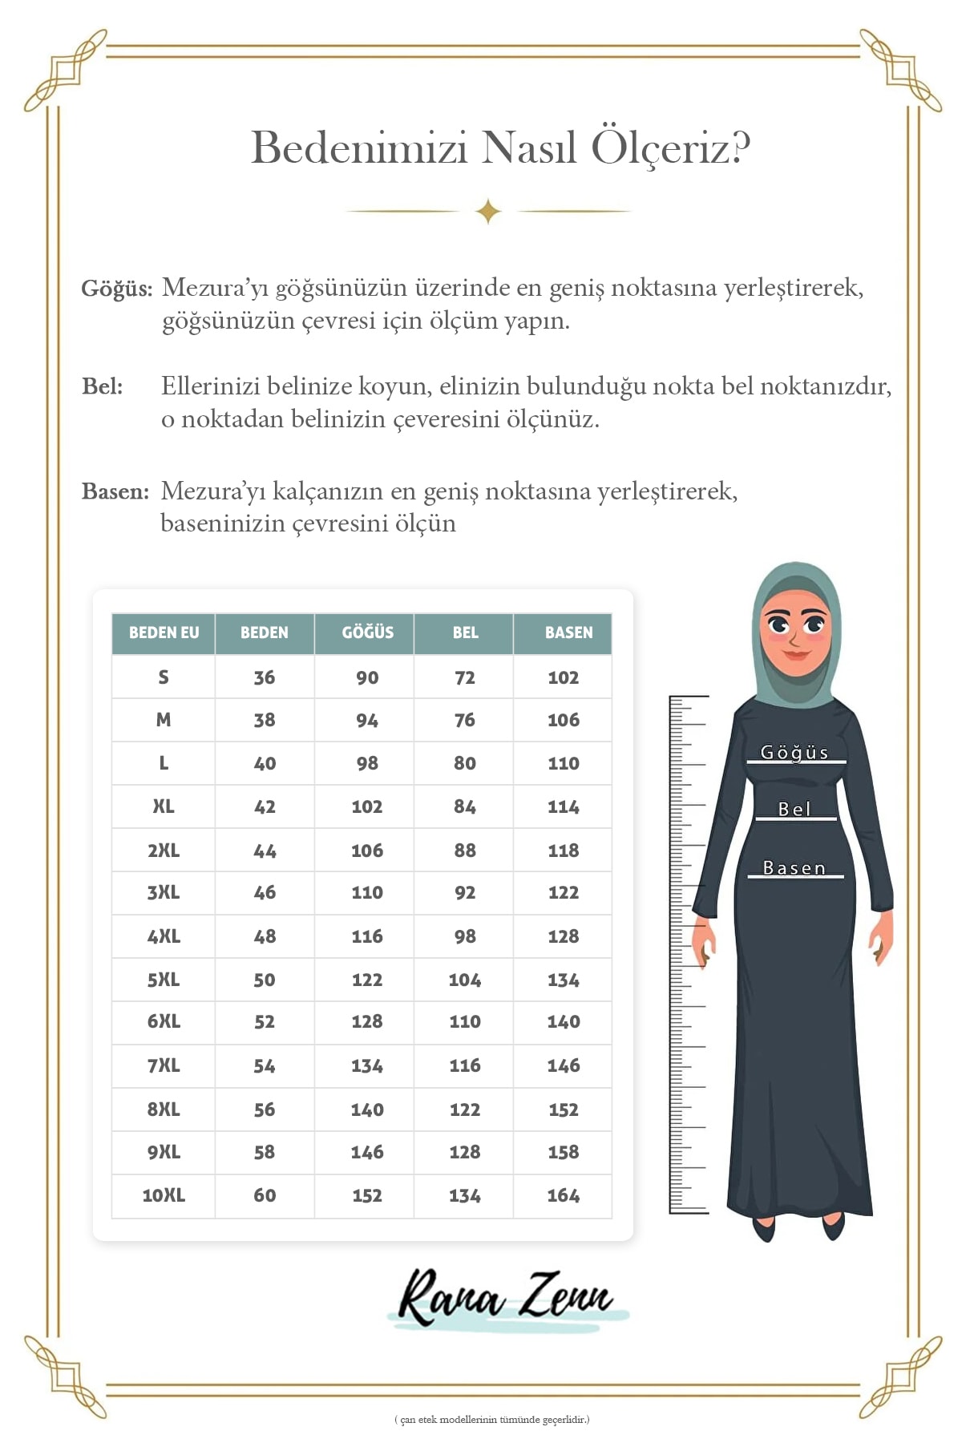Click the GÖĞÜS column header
367,633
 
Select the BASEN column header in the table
568,633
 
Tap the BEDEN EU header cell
164,633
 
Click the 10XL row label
164,1195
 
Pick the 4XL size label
164,936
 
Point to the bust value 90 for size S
367,677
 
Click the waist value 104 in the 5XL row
465,980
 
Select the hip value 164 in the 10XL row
563,1195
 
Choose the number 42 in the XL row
265,806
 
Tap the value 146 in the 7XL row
563,1065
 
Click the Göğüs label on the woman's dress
794,753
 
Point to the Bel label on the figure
794,810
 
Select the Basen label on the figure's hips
794,868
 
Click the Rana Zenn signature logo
507,1297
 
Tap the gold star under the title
488,212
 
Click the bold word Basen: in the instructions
115,491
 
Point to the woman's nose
794,641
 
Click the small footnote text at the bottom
491,1420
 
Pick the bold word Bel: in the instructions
103,386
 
